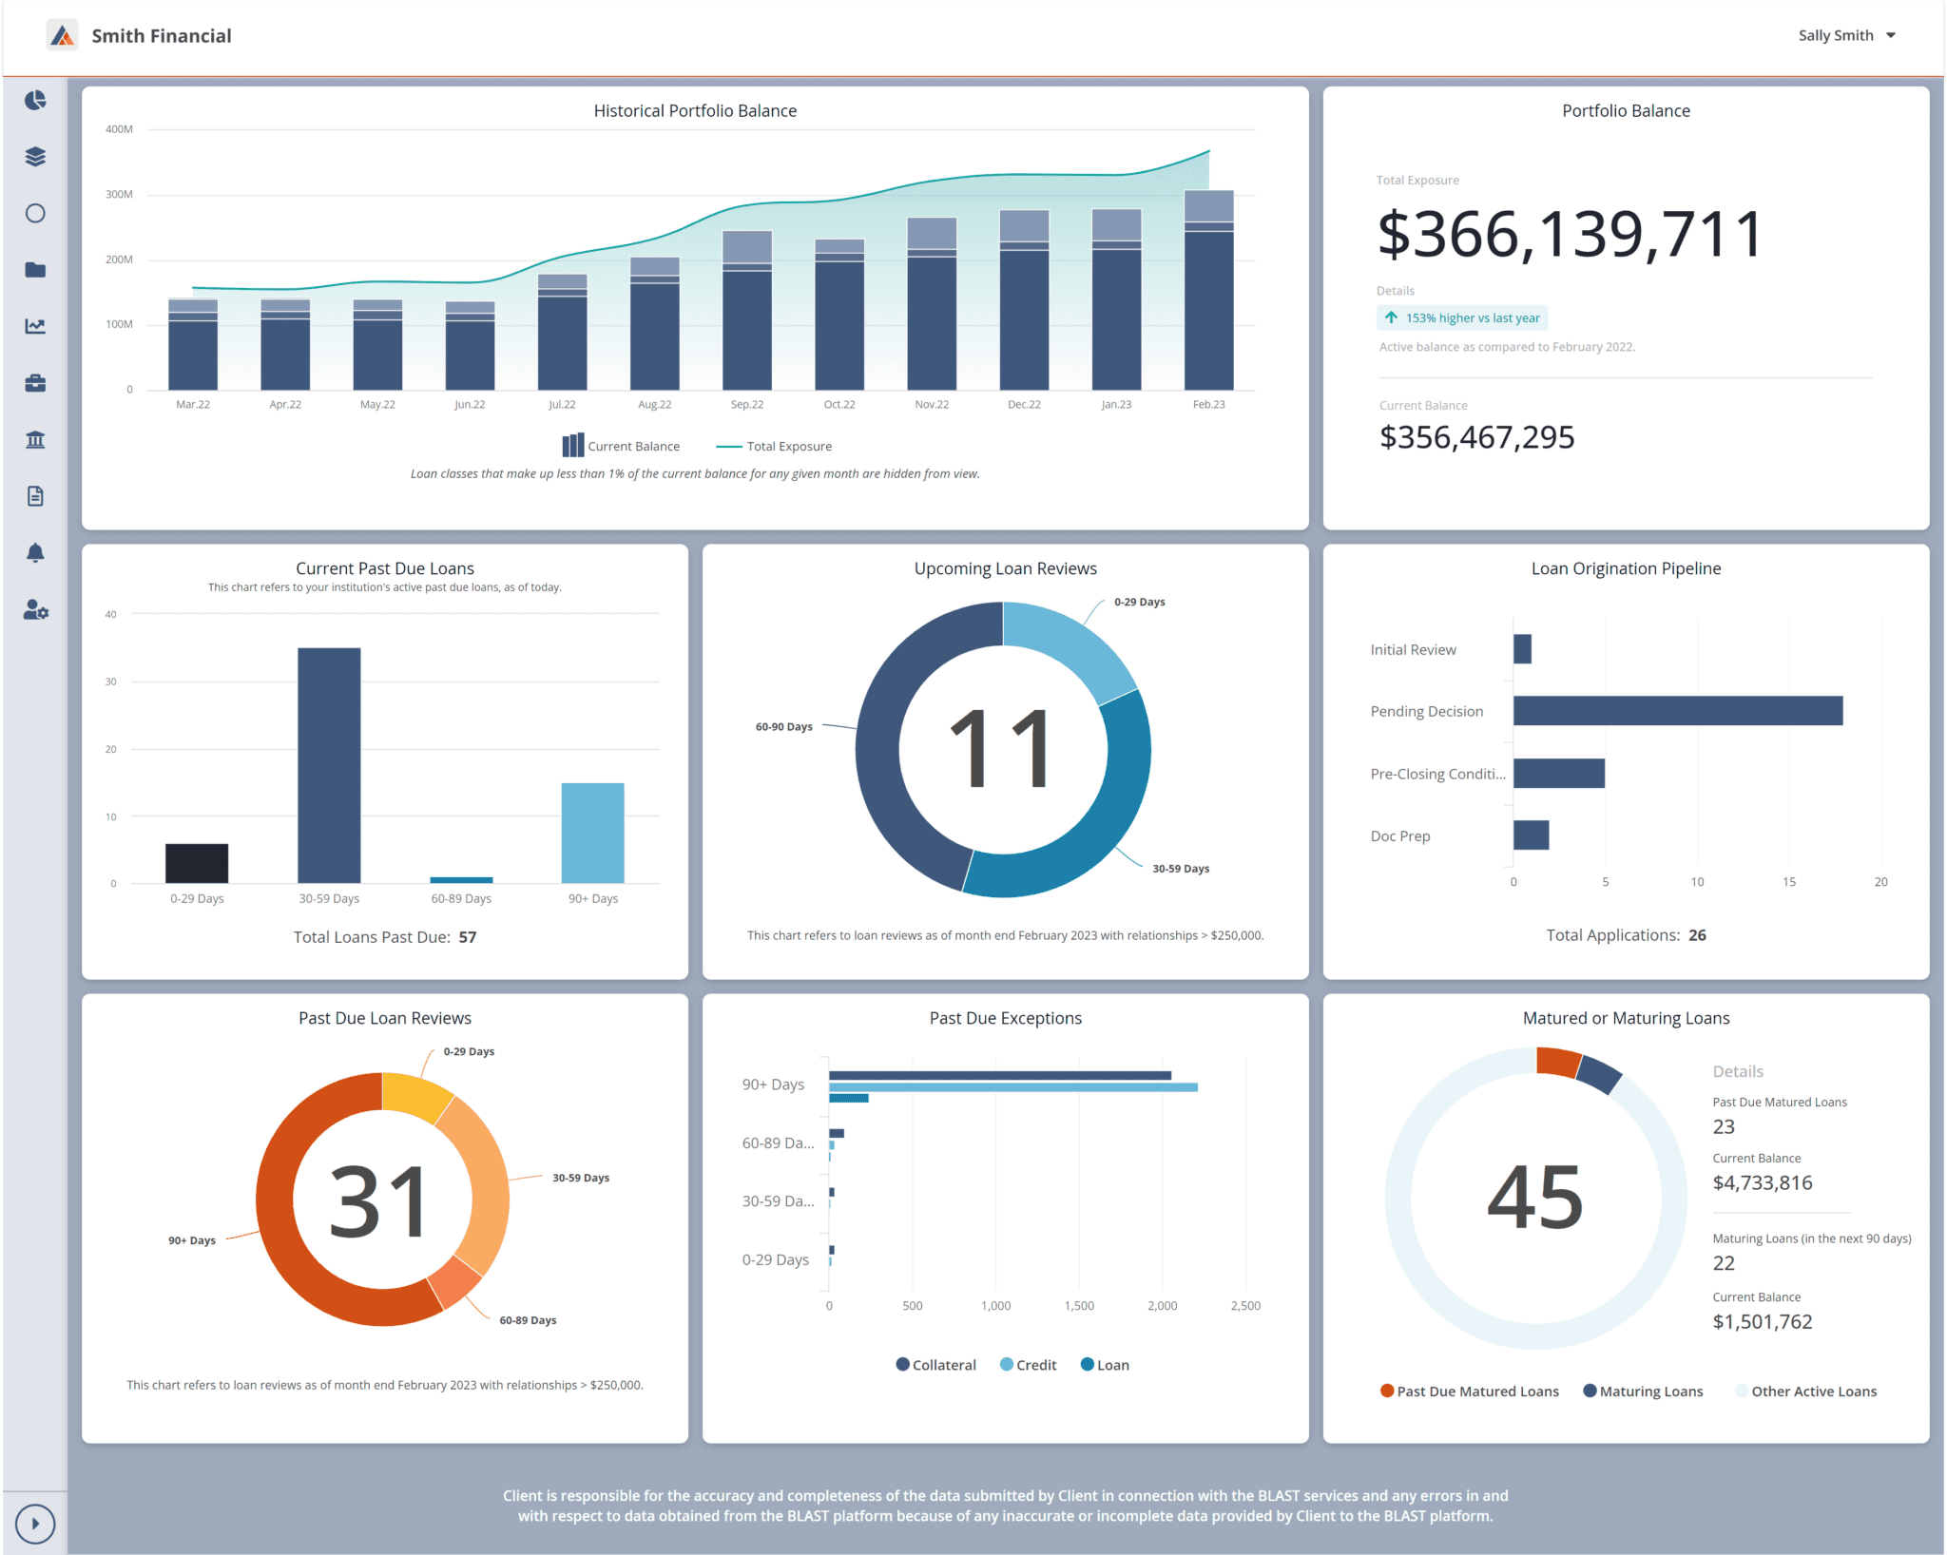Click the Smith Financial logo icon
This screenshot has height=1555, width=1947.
[63, 36]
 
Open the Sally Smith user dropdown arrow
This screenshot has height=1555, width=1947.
[1891, 35]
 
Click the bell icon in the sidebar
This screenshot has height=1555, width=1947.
[35, 552]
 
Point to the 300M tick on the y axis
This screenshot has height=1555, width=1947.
[119, 195]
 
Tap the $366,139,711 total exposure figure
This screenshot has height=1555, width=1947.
[1569, 235]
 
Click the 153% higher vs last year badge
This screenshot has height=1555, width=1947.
[1461, 317]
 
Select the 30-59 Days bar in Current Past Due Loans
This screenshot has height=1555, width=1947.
[329, 765]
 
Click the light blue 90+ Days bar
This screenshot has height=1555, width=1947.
[592, 832]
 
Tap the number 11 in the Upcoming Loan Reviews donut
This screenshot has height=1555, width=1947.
[1002, 750]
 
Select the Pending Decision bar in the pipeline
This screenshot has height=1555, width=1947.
[1677, 711]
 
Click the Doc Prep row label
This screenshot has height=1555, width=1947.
[1399, 836]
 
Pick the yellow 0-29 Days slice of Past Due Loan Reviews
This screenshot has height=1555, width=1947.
[415, 1094]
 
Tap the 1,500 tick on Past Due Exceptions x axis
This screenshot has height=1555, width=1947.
[1079, 1306]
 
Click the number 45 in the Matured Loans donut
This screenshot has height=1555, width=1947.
[1534, 1198]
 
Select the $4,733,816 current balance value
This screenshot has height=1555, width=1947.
[1762, 1183]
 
